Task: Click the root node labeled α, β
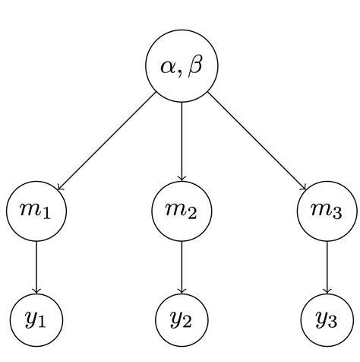(x=182, y=66)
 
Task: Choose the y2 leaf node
(x=182, y=319)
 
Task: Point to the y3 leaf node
(x=327, y=319)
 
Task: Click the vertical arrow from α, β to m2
(x=182, y=141)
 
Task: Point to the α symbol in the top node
(x=168, y=67)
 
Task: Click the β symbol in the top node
(x=197, y=66)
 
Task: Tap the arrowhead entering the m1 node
(x=58, y=187)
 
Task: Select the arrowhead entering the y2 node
(x=182, y=291)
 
